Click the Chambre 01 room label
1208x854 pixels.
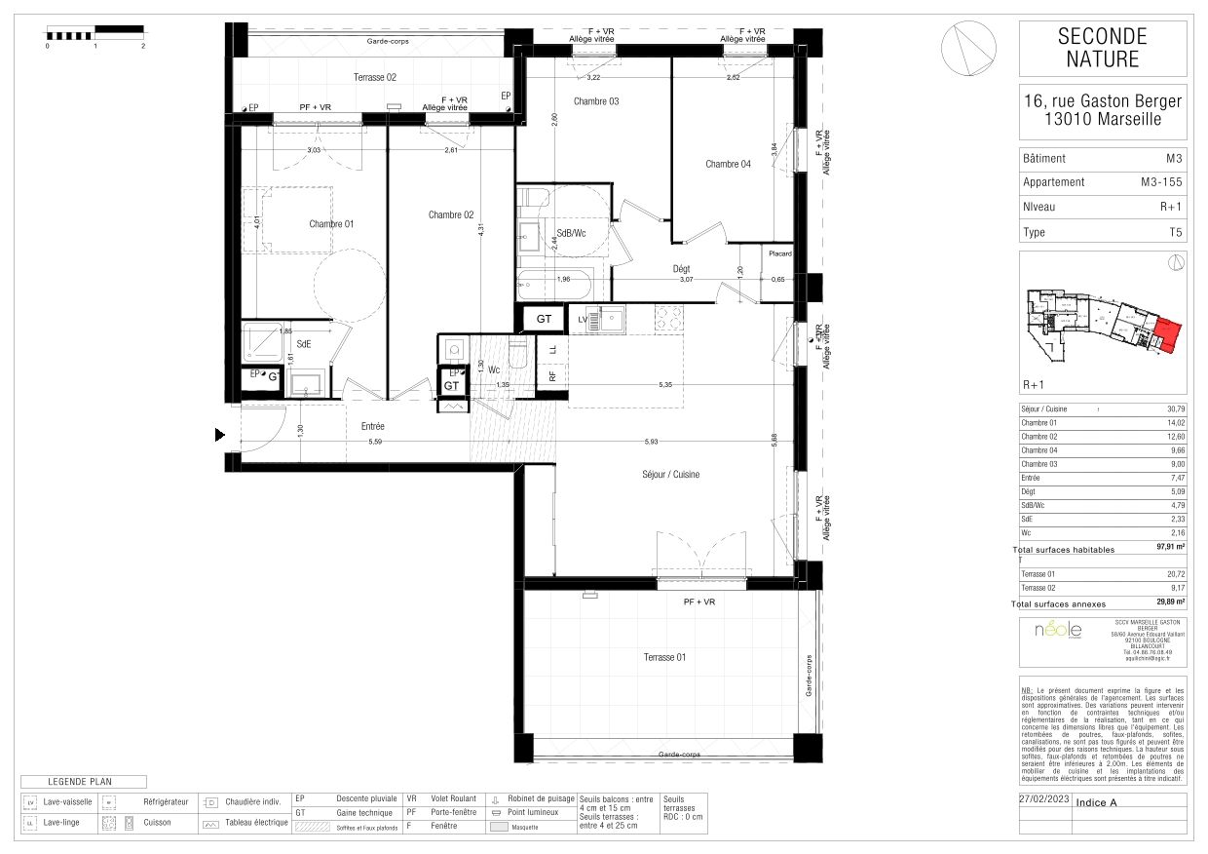click(331, 224)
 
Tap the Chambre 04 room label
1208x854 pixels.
click(728, 165)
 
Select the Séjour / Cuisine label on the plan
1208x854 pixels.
click(671, 475)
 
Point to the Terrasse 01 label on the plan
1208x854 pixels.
click(664, 657)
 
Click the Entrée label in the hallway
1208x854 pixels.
click(372, 427)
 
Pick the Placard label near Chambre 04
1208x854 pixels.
click(780, 254)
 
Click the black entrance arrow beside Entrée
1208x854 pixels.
click(220, 435)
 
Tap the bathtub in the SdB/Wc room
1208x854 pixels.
click(554, 286)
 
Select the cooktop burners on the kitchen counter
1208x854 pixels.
click(668, 318)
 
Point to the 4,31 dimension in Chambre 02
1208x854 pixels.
click(480, 231)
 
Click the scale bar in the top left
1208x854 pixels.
click(94, 34)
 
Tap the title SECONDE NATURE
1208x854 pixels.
click(1102, 48)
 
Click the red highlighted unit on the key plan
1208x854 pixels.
click(1166, 334)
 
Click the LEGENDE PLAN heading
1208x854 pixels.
click(84, 782)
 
